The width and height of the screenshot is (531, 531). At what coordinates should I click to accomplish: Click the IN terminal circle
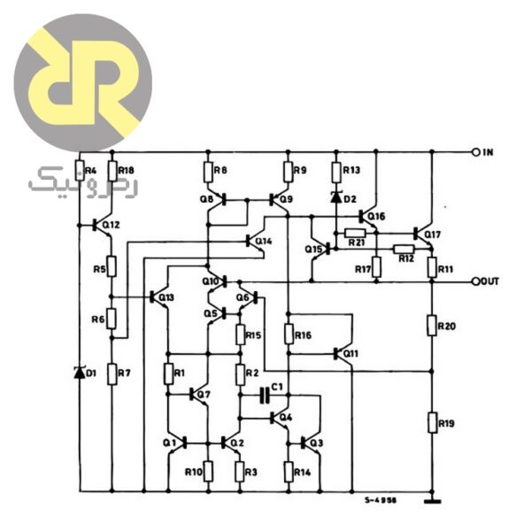point(475,152)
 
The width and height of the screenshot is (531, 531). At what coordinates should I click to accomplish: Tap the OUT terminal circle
point(475,281)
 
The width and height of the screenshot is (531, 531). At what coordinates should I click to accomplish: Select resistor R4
point(80,170)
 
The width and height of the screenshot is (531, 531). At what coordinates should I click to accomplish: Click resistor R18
point(112,170)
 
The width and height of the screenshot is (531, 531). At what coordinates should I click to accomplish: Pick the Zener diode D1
point(80,373)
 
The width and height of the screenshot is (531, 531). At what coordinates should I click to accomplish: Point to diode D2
point(336,197)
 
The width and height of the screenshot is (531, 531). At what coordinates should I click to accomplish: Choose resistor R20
point(433,327)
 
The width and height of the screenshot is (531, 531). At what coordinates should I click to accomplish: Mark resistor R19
point(433,423)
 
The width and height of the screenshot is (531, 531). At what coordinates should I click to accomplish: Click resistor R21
point(356,233)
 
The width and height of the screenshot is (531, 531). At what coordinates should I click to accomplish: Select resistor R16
point(289,334)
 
